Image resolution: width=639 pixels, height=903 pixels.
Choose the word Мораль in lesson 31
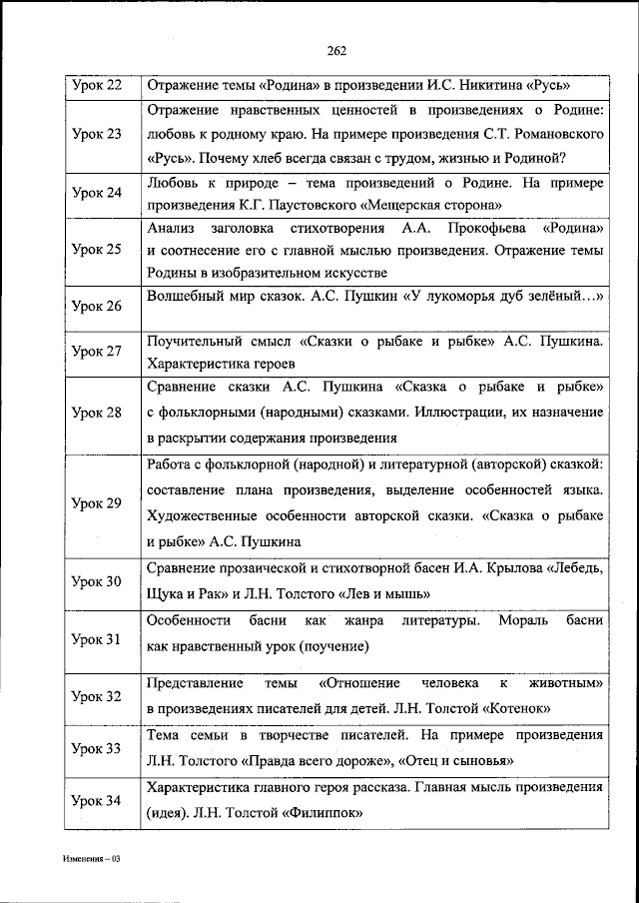(520, 621)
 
